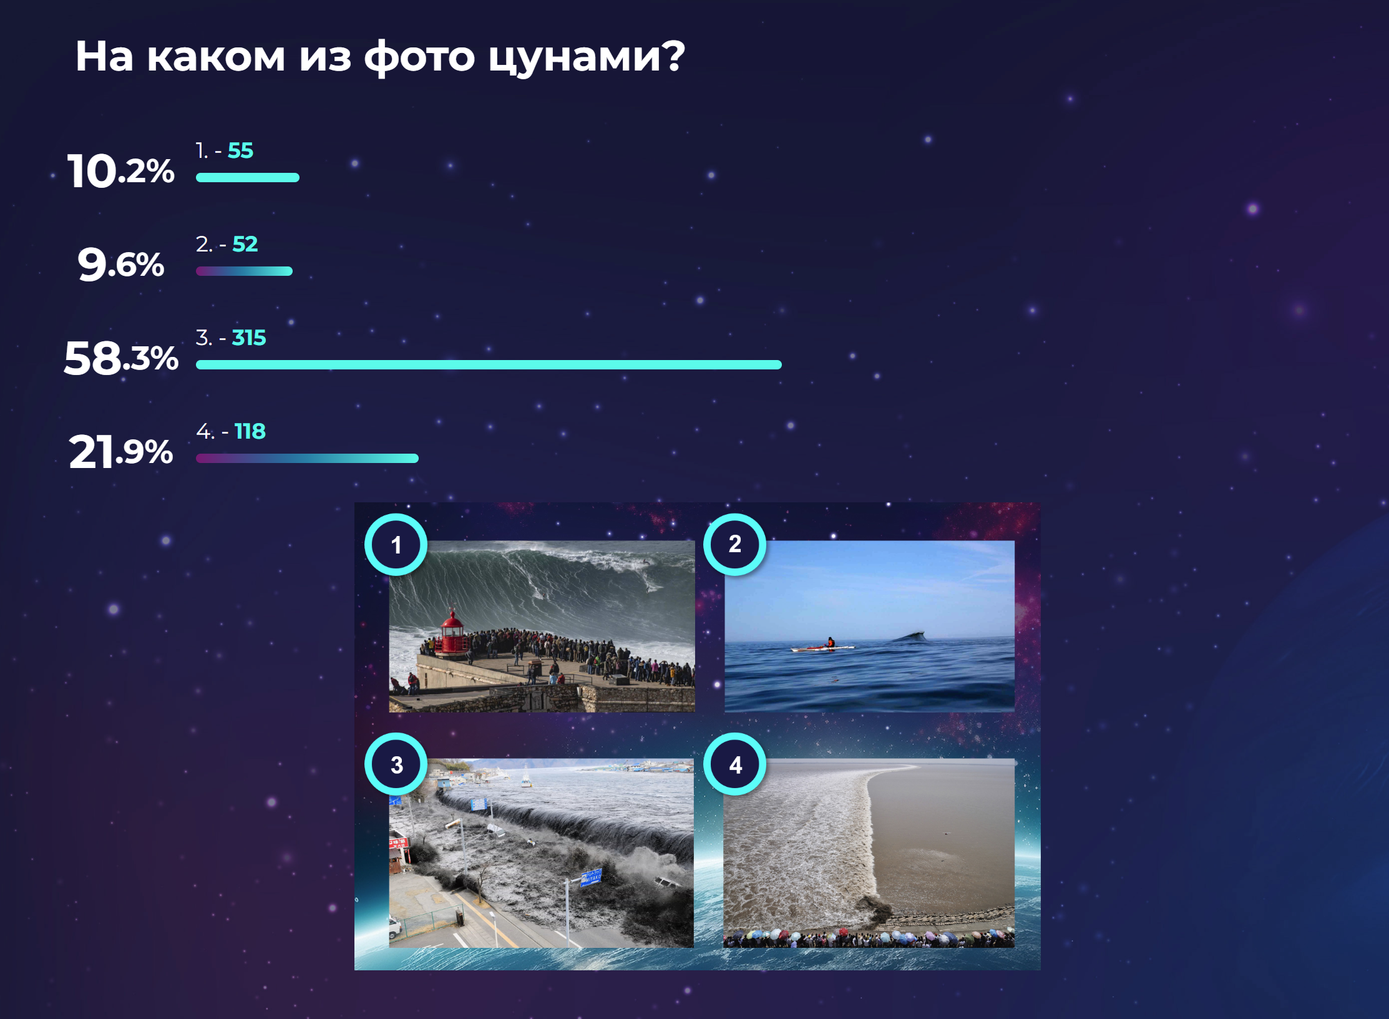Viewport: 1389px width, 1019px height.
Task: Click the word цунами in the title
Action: pos(587,57)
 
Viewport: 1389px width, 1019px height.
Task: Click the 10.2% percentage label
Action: pos(121,170)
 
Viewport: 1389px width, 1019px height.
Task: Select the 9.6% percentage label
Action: pos(121,264)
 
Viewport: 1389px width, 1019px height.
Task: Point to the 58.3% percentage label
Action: pos(121,358)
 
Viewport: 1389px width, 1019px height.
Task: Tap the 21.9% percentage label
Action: pos(121,451)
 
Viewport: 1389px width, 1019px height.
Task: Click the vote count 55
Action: pos(240,150)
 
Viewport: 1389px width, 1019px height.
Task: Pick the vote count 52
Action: pos(245,244)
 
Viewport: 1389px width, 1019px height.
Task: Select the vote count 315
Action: pos(249,338)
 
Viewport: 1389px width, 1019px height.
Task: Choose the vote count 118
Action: pos(250,431)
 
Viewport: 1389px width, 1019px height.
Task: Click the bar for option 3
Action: pos(489,365)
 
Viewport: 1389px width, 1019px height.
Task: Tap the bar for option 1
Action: pos(248,178)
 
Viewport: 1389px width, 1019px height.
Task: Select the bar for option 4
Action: pos(307,459)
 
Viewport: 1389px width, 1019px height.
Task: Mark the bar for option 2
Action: pos(244,271)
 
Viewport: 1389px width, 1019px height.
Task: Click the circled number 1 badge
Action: pos(396,545)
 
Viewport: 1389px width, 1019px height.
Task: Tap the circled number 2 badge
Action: pos(735,544)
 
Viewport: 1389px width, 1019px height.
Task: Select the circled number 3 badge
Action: pos(396,764)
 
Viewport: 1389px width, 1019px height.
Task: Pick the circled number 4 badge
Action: pos(735,764)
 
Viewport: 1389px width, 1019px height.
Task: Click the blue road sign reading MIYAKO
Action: pos(591,877)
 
